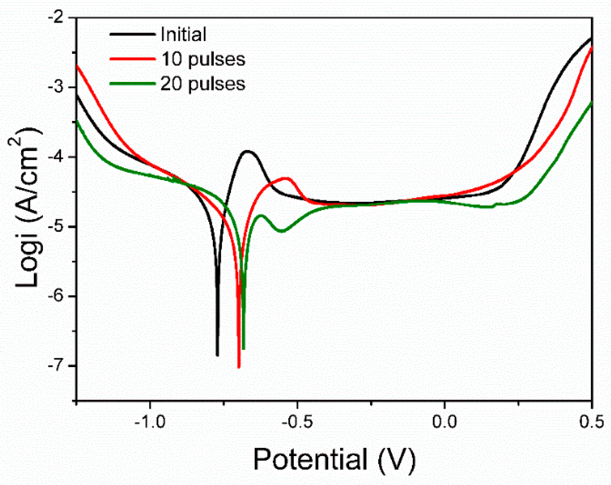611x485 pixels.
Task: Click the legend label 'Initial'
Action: pyautogui.click(x=183, y=34)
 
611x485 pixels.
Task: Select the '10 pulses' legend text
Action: pyautogui.click(x=203, y=59)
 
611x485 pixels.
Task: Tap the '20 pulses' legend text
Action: pyautogui.click(x=203, y=84)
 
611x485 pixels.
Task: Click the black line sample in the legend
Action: pyautogui.click(x=132, y=34)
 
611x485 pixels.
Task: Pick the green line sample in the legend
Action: pyautogui.click(x=132, y=84)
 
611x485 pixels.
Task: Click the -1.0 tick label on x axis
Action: pyautogui.click(x=150, y=421)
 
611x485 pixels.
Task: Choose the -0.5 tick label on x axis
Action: pyautogui.click(x=297, y=421)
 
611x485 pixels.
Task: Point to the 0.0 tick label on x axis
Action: pyautogui.click(x=445, y=421)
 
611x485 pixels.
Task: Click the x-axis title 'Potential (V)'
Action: pyautogui.click(x=334, y=460)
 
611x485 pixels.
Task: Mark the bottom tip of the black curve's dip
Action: pyautogui.click(x=218, y=355)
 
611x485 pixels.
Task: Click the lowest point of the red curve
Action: pyautogui.click(x=239, y=367)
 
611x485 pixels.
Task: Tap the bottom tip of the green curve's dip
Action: pyautogui.click(x=243, y=349)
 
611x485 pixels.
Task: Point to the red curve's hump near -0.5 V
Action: pyautogui.click(x=286, y=178)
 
